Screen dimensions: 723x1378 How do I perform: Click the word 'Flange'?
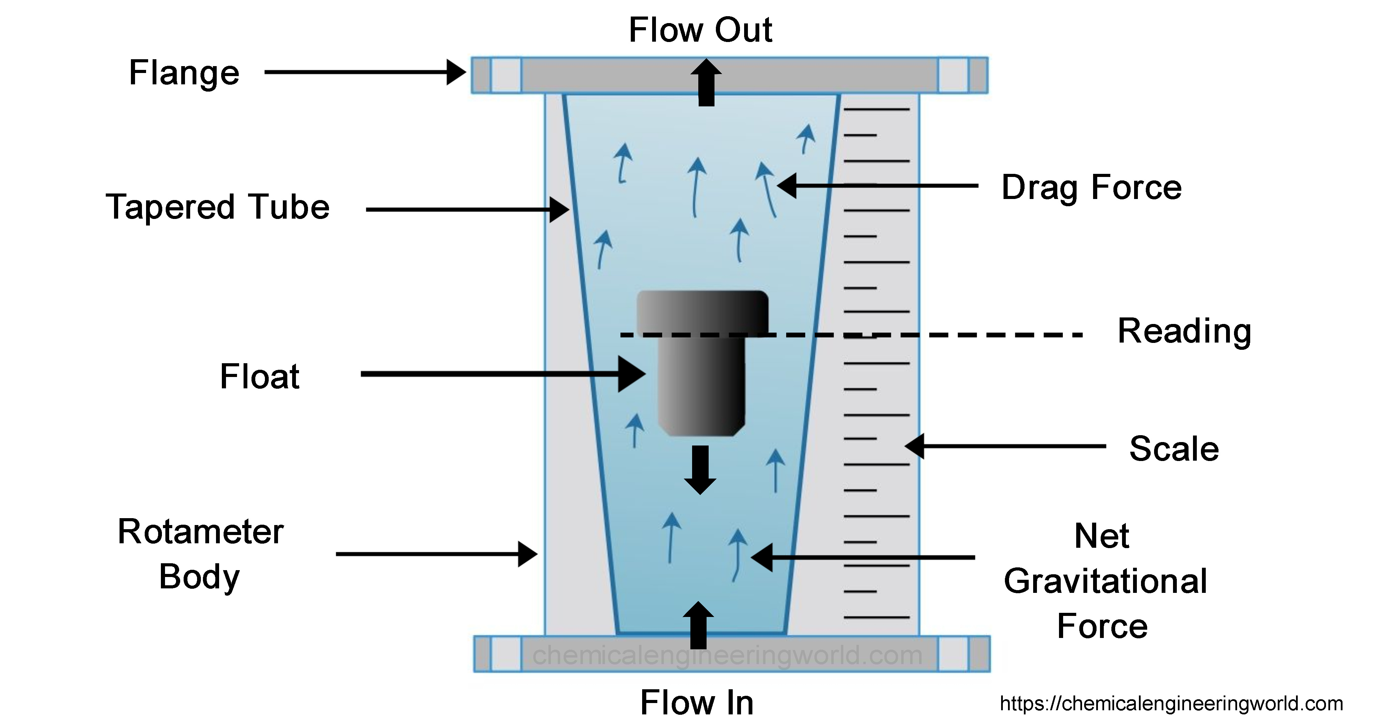(x=184, y=73)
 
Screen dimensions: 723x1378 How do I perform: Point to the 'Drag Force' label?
(x=1091, y=188)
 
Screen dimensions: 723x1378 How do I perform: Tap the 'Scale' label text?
(x=1174, y=448)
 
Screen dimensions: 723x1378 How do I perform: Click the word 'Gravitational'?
(x=1105, y=581)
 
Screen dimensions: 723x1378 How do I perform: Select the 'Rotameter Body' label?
(x=200, y=555)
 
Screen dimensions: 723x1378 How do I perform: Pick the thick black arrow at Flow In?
(x=698, y=626)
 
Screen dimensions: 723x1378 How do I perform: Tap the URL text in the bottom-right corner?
(x=1171, y=703)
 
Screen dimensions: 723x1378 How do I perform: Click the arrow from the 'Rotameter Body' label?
(x=436, y=554)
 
